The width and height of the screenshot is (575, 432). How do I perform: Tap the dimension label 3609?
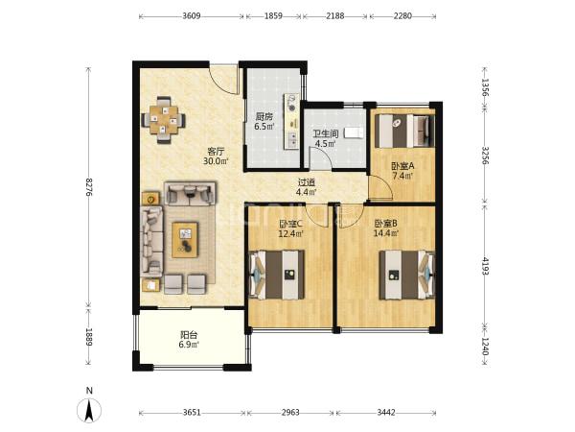point(192,15)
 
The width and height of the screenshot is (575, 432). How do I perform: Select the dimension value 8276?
point(88,186)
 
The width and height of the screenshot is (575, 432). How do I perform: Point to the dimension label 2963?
point(290,412)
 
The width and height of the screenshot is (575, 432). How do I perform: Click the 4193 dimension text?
point(485,266)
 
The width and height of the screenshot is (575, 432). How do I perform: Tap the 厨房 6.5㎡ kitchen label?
point(264,122)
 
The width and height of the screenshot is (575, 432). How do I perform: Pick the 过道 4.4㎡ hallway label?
point(307,186)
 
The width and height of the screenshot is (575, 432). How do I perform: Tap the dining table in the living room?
point(164,120)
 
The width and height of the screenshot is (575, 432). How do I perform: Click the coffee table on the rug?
point(185,240)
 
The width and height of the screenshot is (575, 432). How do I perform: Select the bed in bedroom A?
point(404,131)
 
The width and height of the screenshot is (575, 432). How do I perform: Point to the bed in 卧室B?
point(407,275)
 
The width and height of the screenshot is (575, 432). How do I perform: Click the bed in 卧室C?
point(277,275)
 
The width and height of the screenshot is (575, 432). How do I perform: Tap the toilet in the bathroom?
point(354,132)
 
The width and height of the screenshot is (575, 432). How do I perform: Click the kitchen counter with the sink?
point(291,121)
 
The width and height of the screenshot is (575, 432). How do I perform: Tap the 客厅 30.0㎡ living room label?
point(216,156)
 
